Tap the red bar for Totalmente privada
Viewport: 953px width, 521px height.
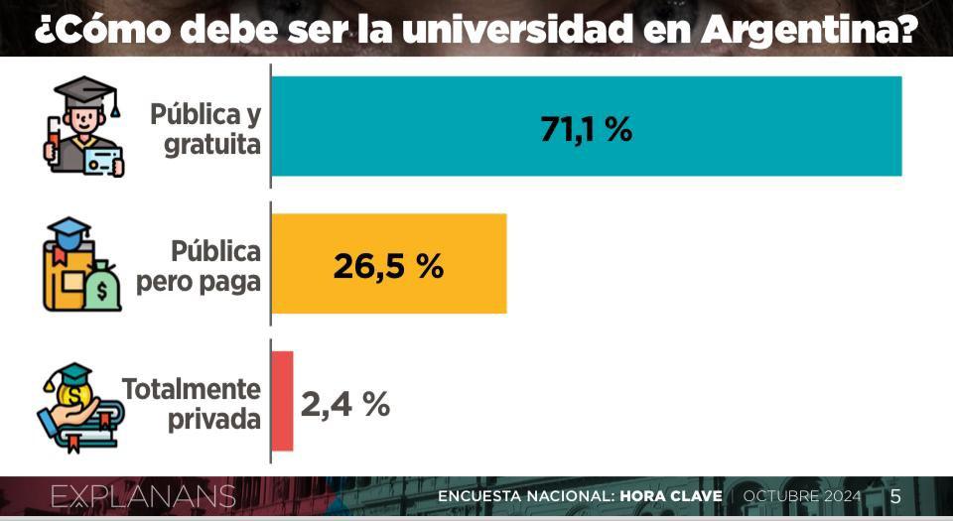coord(282,401)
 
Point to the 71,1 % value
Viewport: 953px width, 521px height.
coord(586,128)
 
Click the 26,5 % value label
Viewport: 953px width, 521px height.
coord(388,266)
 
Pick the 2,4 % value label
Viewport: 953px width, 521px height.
coord(345,403)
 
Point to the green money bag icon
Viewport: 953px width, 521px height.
coord(102,289)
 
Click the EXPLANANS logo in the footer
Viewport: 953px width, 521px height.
coord(143,496)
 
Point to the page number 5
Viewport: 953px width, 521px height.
coord(895,496)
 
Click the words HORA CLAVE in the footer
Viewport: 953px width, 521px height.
coord(675,496)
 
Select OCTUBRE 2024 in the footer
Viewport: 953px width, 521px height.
coord(802,496)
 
